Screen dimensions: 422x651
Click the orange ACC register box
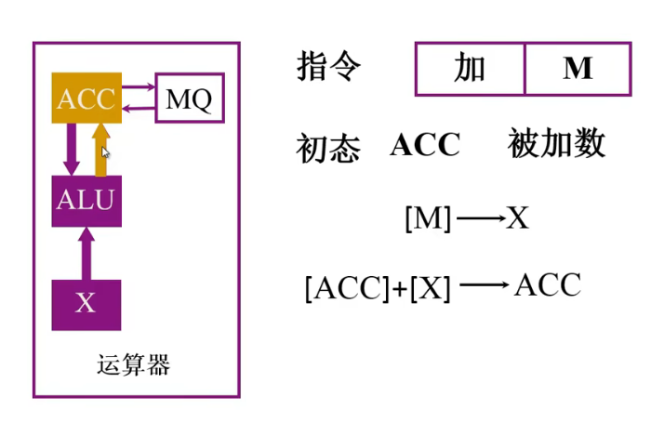coord(86,99)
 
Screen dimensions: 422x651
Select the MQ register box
coord(189,99)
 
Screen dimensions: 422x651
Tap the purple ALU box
coord(86,200)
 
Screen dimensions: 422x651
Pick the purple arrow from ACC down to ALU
coord(71,149)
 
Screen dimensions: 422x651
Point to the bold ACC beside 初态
coord(425,145)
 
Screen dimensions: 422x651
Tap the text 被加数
coord(556,144)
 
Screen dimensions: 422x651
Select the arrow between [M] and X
coord(479,219)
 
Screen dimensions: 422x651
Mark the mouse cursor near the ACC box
coord(106,153)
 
